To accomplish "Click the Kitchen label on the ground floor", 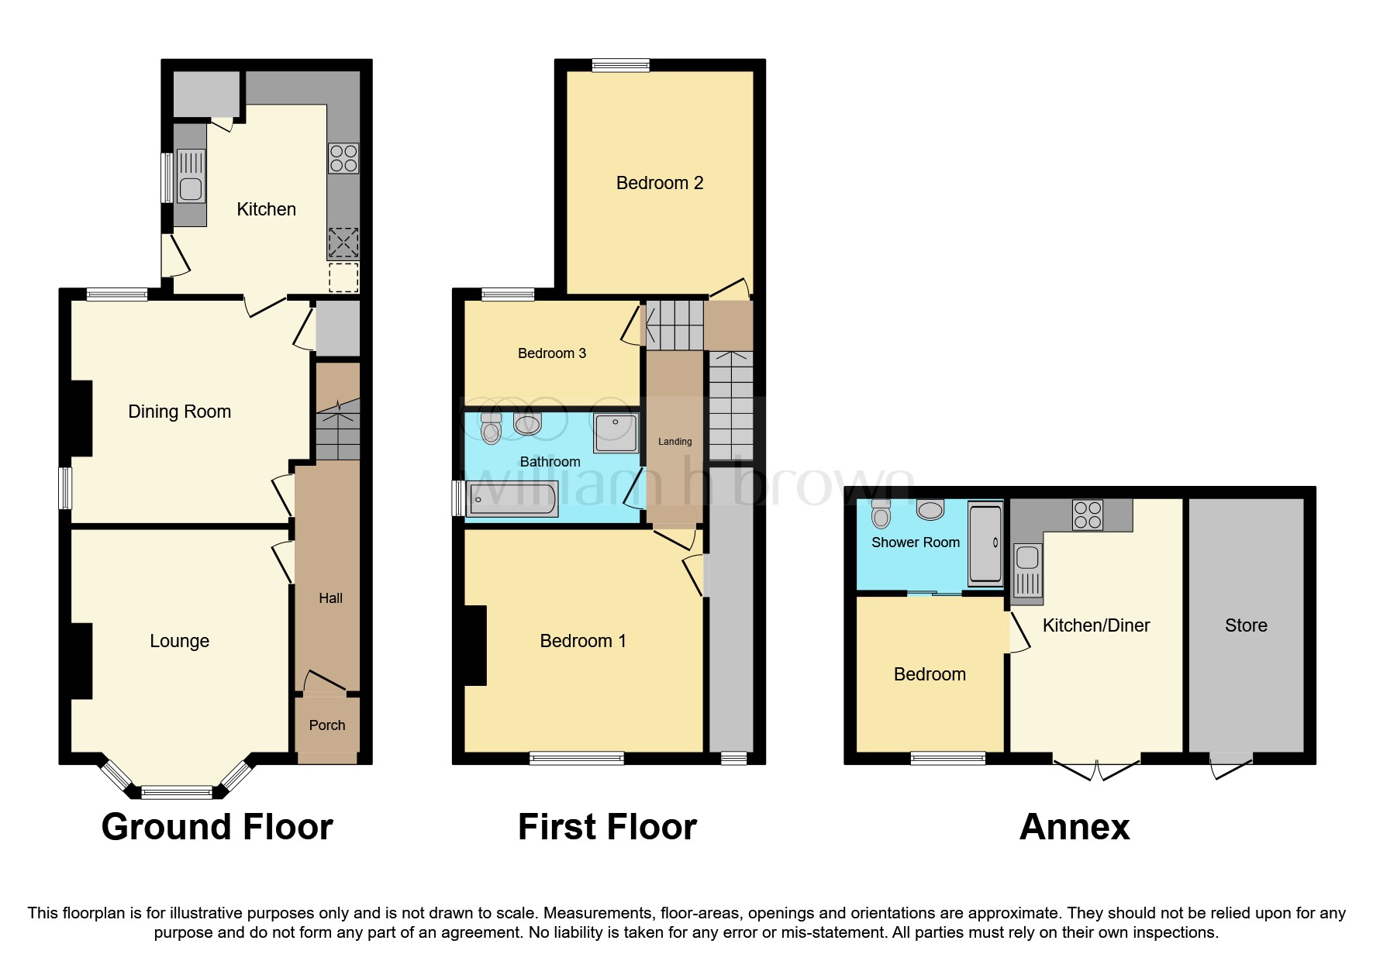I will [x=266, y=209].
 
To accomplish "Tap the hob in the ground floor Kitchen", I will [x=343, y=158].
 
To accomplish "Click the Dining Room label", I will [x=179, y=412].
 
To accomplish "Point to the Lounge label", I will [x=179, y=641].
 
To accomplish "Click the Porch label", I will [x=327, y=725].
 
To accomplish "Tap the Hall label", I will [x=330, y=598].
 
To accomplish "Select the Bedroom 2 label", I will [x=659, y=183].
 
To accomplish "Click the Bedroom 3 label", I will [x=551, y=353].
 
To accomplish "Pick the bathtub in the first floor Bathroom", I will [x=512, y=499].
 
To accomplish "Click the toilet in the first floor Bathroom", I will [x=491, y=428].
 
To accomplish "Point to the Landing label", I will [x=674, y=442].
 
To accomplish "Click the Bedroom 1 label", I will [x=582, y=641].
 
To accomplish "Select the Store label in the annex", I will [x=1246, y=625].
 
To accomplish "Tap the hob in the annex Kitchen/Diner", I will [x=1088, y=515].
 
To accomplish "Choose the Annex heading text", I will [x=1074, y=827].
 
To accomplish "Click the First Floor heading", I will [x=607, y=827].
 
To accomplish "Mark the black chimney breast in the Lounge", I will [x=81, y=661].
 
